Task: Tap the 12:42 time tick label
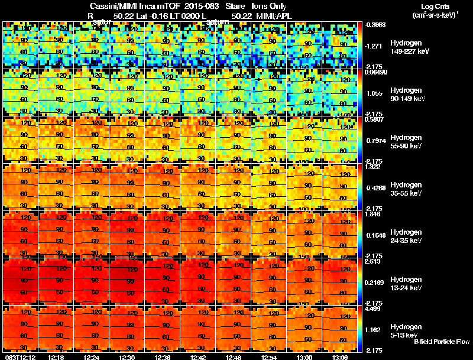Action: (197, 357)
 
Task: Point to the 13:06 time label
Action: (339, 357)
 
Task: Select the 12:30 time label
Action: (127, 357)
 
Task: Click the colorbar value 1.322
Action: (373, 167)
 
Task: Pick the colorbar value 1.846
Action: (373, 215)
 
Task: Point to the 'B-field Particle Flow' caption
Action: (442, 342)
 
